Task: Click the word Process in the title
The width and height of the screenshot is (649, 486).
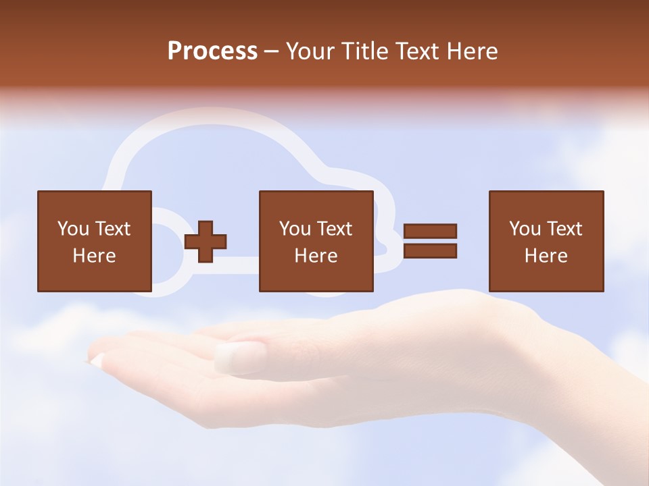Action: coord(212,51)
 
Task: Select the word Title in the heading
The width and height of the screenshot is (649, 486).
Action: coord(366,51)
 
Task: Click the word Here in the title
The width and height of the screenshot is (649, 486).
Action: coord(473,51)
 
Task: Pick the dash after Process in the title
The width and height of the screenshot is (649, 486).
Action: coord(271,52)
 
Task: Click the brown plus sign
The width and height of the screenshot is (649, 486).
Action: coord(206,241)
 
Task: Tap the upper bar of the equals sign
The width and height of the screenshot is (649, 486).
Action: coord(430,231)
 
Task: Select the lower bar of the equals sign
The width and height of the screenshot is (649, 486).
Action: coord(430,251)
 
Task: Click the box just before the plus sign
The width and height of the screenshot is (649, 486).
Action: coord(94,241)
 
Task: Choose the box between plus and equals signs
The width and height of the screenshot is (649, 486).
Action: coord(316,241)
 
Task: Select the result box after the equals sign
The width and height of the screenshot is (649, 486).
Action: coord(546,241)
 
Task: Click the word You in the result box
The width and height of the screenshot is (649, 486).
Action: coord(525,229)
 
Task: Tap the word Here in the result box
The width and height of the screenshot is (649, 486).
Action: coord(546,256)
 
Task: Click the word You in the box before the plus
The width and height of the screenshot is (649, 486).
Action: coord(73,229)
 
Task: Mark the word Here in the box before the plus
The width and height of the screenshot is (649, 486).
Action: coord(94,256)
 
